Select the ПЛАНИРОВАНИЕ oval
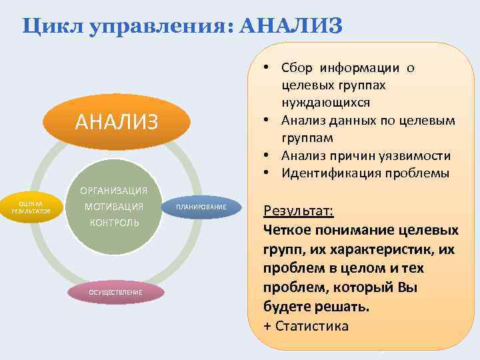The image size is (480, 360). (201, 207)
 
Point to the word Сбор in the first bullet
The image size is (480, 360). (297, 68)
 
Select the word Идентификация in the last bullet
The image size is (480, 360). (322, 173)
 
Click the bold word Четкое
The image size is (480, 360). (290, 230)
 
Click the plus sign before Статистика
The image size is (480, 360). (268, 326)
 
